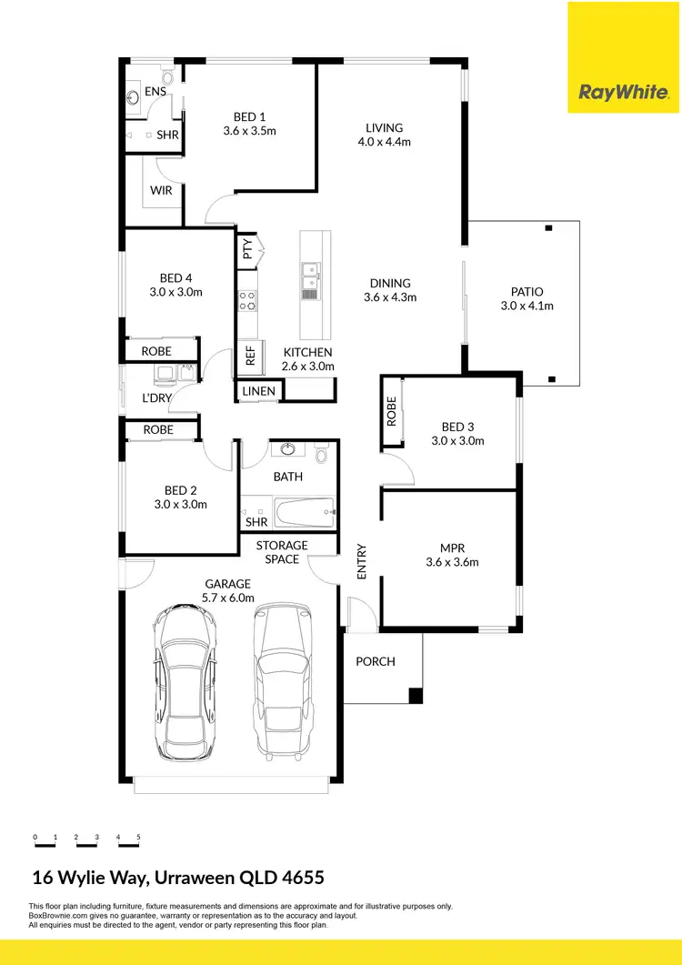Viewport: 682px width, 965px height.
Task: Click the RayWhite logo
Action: [x=624, y=93]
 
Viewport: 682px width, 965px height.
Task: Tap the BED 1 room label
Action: [x=249, y=124]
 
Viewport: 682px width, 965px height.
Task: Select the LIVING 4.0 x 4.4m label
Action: [x=384, y=135]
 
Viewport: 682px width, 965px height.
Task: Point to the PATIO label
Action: [x=527, y=298]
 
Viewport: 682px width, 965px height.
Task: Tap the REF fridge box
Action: [x=250, y=357]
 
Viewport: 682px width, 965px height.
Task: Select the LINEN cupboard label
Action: [x=259, y=391]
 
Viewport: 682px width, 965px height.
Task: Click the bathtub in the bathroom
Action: [x=304, y=515]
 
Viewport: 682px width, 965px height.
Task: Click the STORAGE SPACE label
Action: [x=282, y=552]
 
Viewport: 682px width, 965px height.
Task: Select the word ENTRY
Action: [x=362, y=561]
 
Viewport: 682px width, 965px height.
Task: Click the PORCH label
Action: [x=376, y=661]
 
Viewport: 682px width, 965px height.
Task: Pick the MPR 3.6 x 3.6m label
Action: [x=452, y=555]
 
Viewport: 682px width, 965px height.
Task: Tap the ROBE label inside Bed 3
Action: [x=392, y=412]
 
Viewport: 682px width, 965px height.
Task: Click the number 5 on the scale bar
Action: [x=138, y=836]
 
